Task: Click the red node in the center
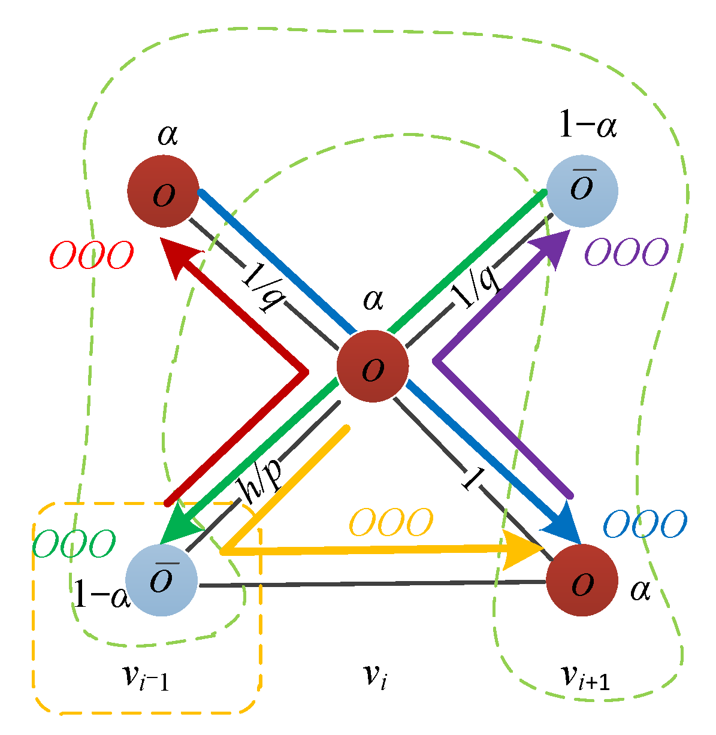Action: point(373,366)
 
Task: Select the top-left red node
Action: point(163,191)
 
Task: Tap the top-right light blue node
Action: point(582,191)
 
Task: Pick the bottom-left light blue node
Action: point(161,580)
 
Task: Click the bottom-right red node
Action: point(582,580)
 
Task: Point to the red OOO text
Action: point(91,257)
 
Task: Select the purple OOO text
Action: point(626,252)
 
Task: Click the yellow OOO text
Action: point(391,523)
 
